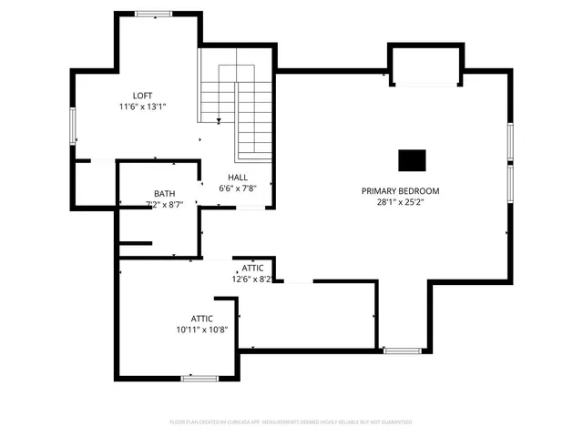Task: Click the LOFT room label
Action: [142, 95]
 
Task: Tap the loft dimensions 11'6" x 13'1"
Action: [142, 107]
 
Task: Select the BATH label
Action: [164, 193]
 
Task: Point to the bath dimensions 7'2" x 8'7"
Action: [164, 205]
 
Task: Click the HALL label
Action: [237, 178]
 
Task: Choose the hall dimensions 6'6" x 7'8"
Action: [237, 188]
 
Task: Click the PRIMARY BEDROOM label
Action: [400, 191]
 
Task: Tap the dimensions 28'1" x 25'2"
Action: [400, 202]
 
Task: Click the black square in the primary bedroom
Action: [412, 160]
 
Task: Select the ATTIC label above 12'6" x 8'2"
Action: [252, 268]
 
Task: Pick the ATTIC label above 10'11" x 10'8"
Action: [202, 318]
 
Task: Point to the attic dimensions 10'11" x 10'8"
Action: [202, 330]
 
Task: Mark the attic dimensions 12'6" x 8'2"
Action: [252, 279]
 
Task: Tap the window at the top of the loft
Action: [152, 14]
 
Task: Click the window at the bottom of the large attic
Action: [198, 378]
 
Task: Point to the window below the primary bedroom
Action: [401, 351]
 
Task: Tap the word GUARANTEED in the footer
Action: [394, 422]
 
